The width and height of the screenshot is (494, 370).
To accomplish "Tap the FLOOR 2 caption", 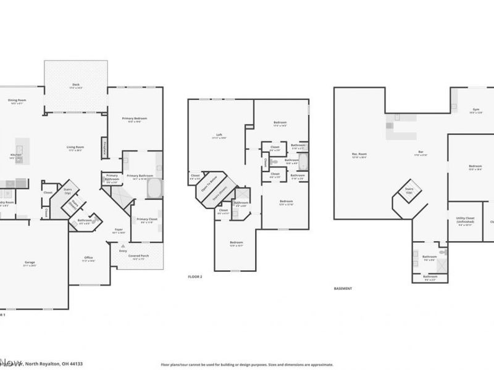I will point(195,277).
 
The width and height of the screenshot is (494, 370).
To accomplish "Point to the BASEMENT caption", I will point(342,288).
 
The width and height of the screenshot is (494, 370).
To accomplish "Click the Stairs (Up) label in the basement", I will point(409,191).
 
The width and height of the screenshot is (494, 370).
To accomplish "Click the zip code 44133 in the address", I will point(75,364).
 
